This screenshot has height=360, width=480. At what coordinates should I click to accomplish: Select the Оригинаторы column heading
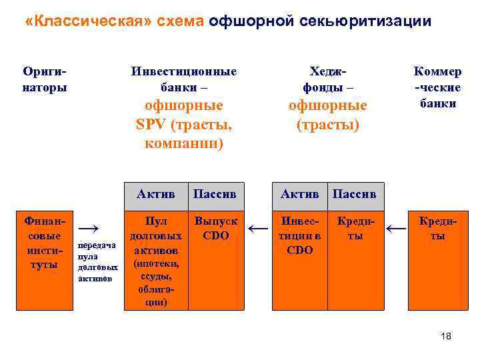pyautogui.click(x=45, y=79)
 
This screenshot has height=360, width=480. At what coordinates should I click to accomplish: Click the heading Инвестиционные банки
pyautogui.click(x=183, y=79)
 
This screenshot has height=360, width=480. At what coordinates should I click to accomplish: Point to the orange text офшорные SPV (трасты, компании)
pyautogui.click(x=183, y=124)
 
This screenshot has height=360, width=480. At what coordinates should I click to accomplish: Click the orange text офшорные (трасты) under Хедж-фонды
pyautogui.click(x=327, y=115)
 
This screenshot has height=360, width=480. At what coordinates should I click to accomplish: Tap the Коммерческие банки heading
pyautogui.click(x=438, y=87)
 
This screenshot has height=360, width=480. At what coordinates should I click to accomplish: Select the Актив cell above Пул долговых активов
pyautogui.click(x=155, y=193)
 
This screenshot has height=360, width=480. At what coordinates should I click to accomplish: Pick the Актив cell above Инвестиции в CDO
pyautogui.click(x=299, y=193)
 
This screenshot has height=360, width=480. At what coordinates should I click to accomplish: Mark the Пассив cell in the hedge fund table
pyautogui.click(x=354, y=193)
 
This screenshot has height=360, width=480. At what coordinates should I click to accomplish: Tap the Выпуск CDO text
pyautogui.click(x=215, y=227)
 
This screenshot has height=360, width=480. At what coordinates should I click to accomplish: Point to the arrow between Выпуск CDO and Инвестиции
pyautogui.click(x=257, y=229)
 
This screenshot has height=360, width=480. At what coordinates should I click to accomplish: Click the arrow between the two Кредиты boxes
pyautogui.click(x=397, y=229)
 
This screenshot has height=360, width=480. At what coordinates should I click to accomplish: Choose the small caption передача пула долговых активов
pyautogui.click(x=97, y=261)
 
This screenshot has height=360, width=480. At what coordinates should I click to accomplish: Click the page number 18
pyautogui.click(x=446, y=337)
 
